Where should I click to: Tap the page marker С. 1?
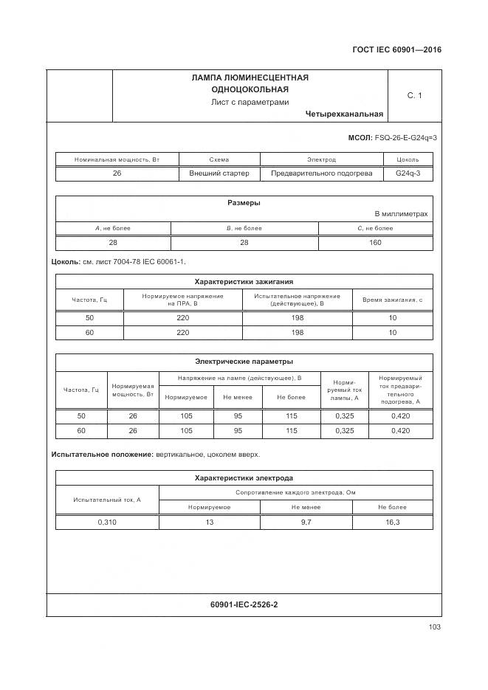[x=414, y=95]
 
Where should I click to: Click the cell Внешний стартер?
[x=219, y=173]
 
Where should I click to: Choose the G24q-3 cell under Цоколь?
[x=408, y=173]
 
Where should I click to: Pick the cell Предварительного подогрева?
[x=321, y=173]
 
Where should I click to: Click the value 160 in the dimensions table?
[x=375, y=242]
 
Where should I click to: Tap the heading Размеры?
[x=243, y=203]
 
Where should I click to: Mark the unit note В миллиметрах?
[x=400, y=214]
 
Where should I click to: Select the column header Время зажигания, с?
[x=392, y=300]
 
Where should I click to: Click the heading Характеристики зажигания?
[x=244, y=281]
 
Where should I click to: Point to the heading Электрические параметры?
[x=244, y=362]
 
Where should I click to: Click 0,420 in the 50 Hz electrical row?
[x=399, y=416]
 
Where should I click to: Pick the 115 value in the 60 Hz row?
[x=291, y=430]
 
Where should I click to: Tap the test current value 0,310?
[x=107, y=522]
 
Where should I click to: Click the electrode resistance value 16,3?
[x=392, y=522]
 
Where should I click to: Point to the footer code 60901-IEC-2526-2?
[x=244, y=605]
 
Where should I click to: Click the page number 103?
[x=434, y=627]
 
